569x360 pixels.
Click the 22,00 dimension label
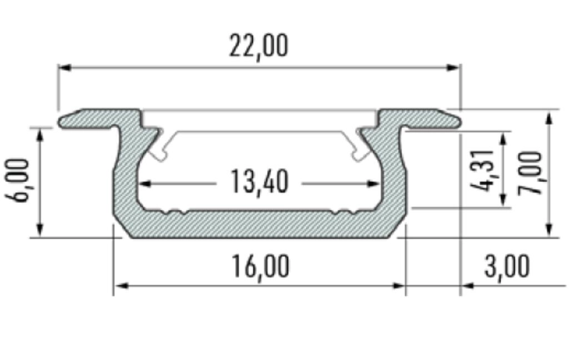pyautogui.click(x=259, y=46)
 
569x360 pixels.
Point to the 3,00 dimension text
pyautogui.click(x=507, y=267)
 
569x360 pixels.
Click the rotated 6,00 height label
pyautogui.click(x=17, y=181)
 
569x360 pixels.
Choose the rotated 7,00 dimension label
pyautogui.click(x=530, y=173)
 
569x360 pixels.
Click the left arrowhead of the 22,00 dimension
pyautogui.click(x=64, y=68)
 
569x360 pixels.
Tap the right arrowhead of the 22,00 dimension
pyautogui.click(x=453, y=68)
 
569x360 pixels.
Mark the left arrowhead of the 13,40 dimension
pyautogui.click(x=145, y=184)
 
